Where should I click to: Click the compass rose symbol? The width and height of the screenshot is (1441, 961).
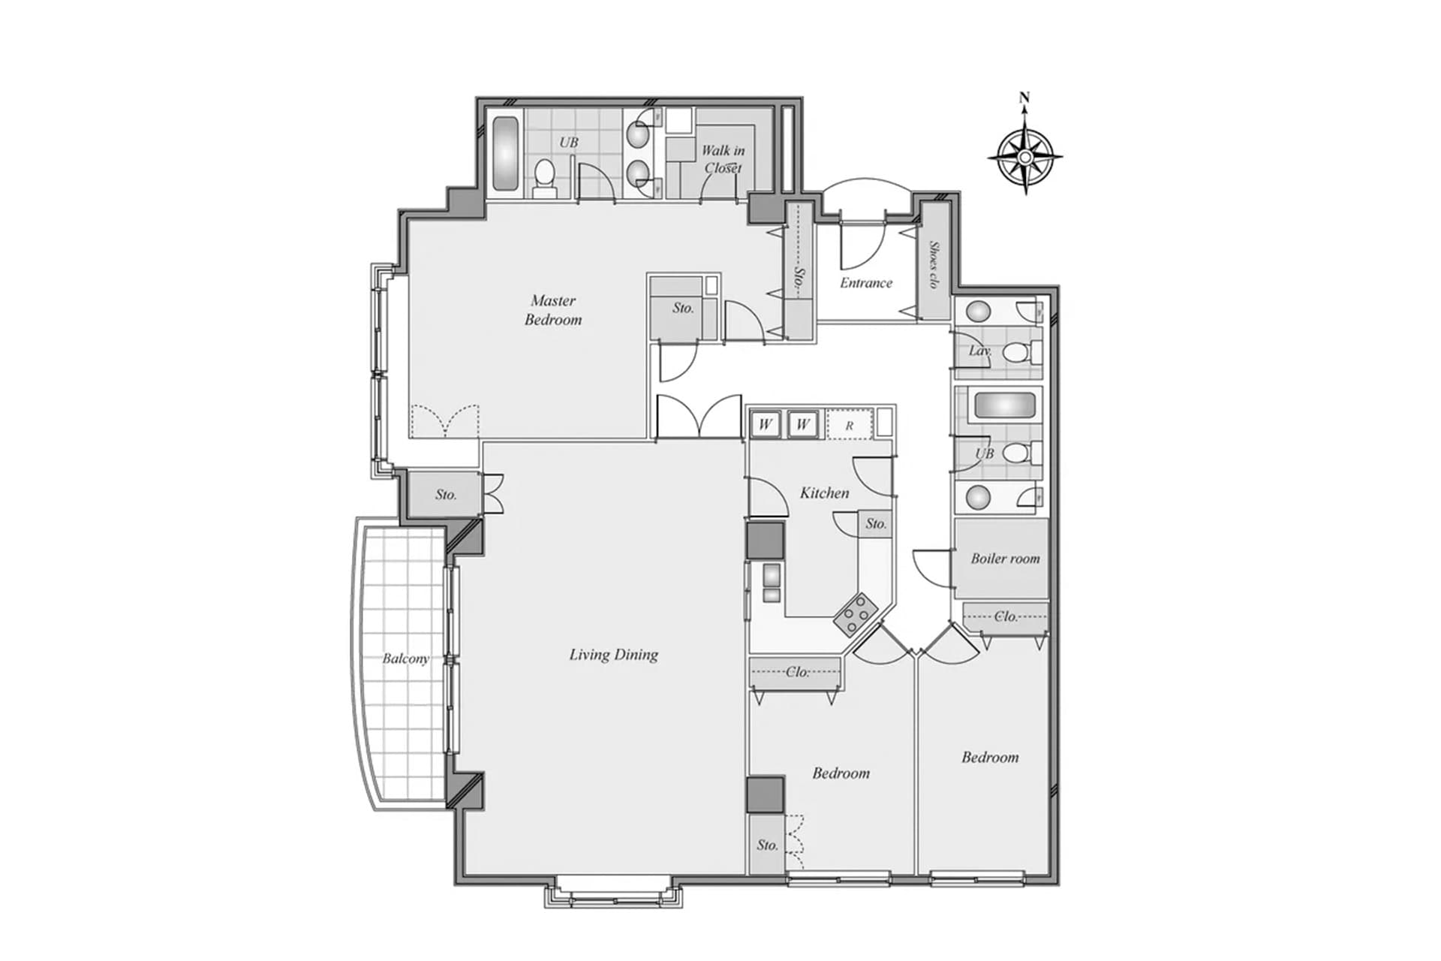[x=1024, y=157]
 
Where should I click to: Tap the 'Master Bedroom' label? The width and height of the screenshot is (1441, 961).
[x=553, y=310]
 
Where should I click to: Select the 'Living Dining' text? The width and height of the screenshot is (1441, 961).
[x=613, y=655]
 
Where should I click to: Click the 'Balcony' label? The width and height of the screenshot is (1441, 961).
[x=405, y=658]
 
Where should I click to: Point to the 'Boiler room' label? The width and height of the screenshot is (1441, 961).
[x=1005, y=559]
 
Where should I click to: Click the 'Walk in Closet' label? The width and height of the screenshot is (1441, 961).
[x=723, y=159]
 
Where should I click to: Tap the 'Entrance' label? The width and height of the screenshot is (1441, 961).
[x=866, y=283]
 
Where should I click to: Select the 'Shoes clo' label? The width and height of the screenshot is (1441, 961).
[x=934, y=264]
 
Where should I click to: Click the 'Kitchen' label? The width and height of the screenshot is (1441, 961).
[x=824, y=493]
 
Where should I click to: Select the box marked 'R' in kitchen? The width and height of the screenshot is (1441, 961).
[x=850, y=425]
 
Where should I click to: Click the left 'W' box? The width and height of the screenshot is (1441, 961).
[x=765, y=424]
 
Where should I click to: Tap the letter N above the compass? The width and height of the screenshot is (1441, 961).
[x=1024, y=97]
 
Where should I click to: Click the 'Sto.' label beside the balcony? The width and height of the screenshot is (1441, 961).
[x=446, y=495]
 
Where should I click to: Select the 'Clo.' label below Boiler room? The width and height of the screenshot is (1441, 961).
[x=1006, y=616]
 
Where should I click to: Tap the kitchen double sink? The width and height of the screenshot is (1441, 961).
[x=771, y=583]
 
